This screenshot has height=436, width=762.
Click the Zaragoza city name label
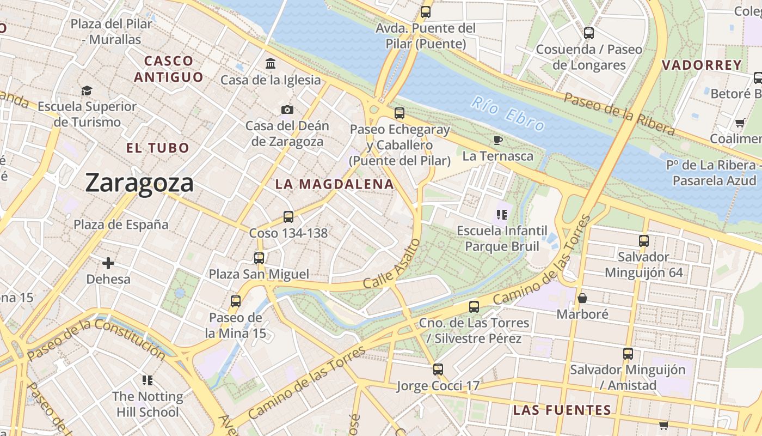click(139, 183)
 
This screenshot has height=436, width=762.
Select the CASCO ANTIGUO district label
click(169, 69)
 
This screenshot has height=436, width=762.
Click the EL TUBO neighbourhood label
click(158, 148)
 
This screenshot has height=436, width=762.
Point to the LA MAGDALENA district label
click(334, 184)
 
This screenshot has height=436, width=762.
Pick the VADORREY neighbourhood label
click(702, 65)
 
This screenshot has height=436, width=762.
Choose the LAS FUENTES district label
click(562, 410)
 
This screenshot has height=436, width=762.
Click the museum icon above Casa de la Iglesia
click(271, 64)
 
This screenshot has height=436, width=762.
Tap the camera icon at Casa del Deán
click(287, 110)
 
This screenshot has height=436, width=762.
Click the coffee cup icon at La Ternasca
click(497, 141)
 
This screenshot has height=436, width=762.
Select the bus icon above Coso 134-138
click(288, 217)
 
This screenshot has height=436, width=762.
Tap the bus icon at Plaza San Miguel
click(259, 258)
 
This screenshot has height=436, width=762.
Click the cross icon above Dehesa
click(108, 263)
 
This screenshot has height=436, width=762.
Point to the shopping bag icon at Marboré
click(582, 298)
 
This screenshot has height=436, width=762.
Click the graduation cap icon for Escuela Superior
click(87, 90)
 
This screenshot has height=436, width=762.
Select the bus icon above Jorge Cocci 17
click(438, 370)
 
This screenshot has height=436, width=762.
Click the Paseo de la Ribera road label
click(619, 113)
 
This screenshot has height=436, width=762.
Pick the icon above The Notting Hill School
click(147, 380)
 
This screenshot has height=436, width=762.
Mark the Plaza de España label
click(121, 225)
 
